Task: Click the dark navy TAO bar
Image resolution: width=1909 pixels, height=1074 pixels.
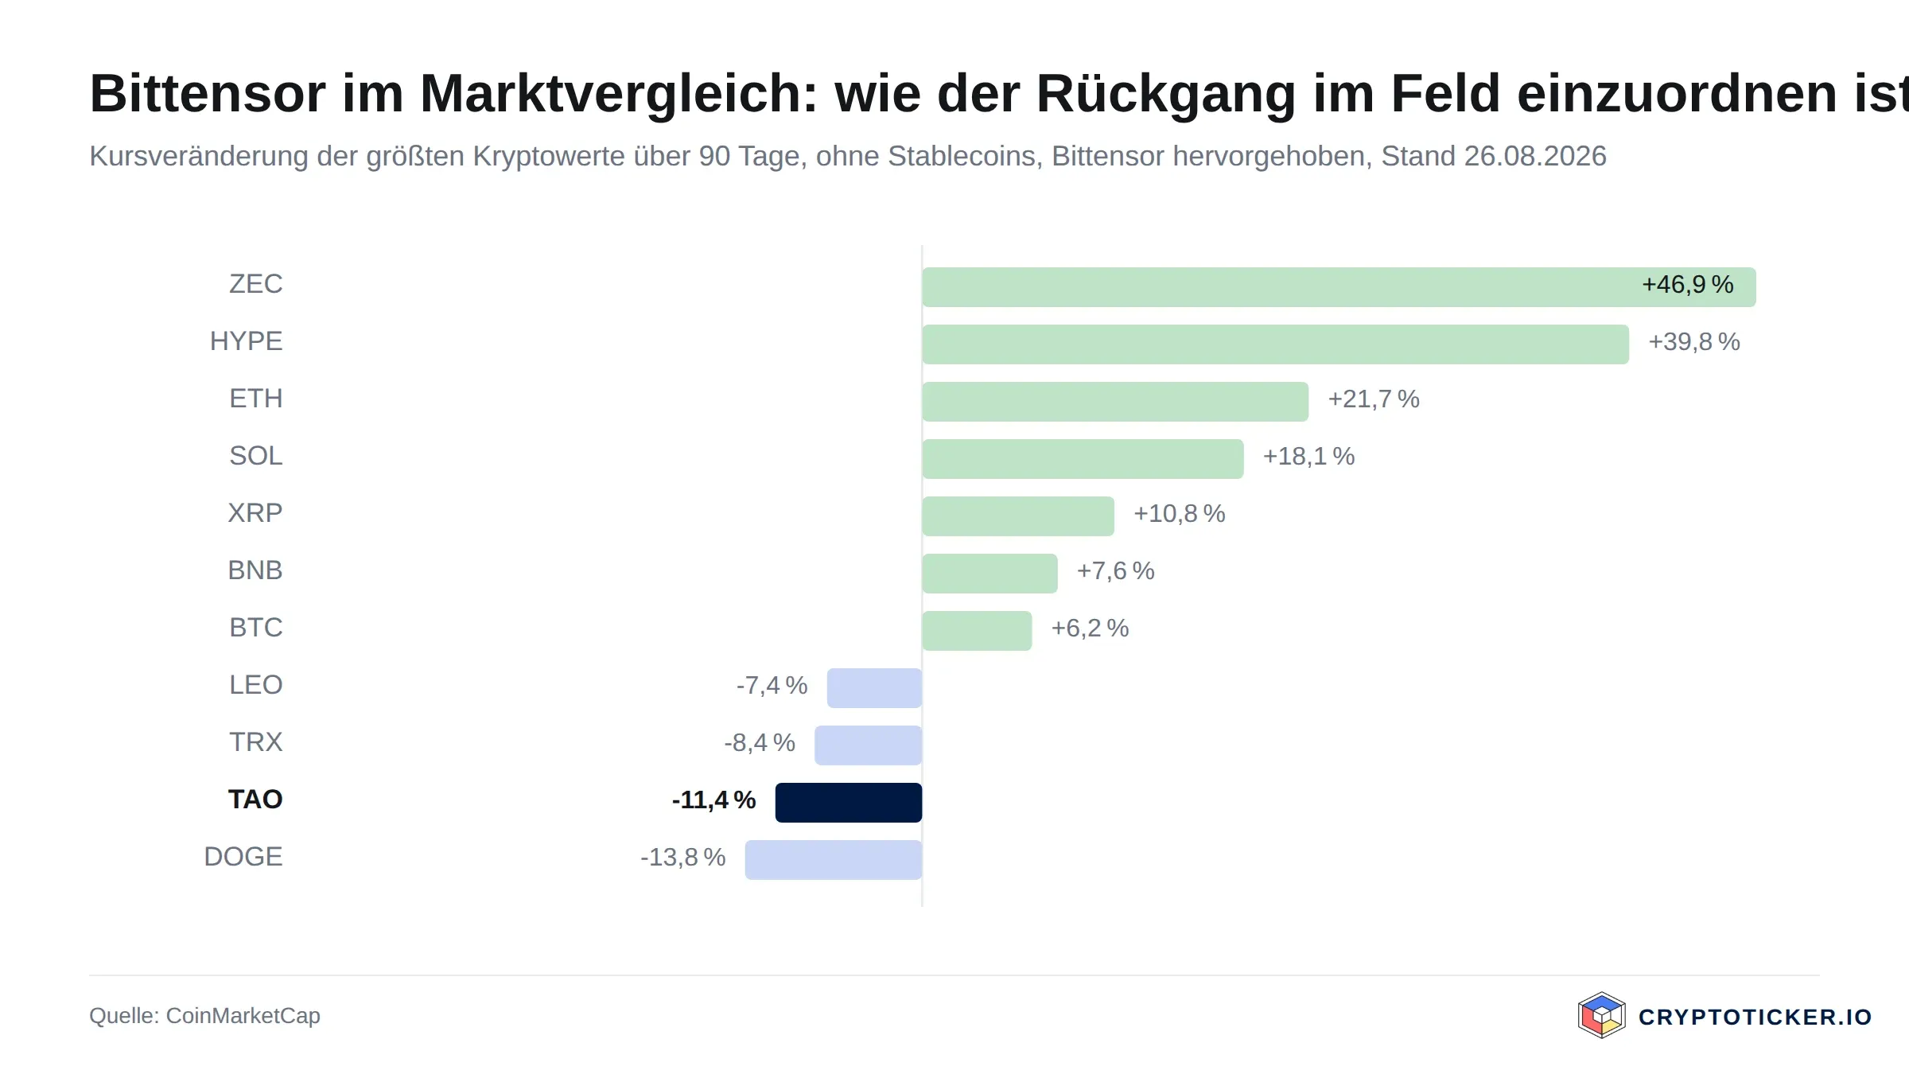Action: tap(849, 802)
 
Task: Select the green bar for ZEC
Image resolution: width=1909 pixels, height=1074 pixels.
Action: tap(1339, 286)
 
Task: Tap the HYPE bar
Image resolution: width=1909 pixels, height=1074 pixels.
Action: tap(1276, 344)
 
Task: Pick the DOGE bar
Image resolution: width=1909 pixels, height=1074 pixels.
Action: tap(834, 859)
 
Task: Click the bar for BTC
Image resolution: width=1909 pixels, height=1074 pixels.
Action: tap(978, 630)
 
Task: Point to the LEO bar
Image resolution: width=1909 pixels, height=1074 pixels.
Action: tap(875, 687)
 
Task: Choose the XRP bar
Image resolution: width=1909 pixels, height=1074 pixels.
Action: tap(1018, 516)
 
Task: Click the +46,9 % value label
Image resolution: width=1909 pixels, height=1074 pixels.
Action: tap(1688, 285)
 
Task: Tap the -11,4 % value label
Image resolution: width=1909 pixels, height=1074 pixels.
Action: tap(714, 800)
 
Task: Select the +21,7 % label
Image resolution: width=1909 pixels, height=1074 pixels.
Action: tap(1374, 399)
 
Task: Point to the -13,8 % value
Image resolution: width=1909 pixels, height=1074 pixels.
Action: tap(683, 858)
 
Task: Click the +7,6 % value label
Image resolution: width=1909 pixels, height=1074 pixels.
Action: tap(1116, 571)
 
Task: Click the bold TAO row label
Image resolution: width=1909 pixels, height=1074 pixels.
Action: tap(255, 800)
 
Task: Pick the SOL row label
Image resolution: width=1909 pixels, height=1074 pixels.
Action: tap(256, 456)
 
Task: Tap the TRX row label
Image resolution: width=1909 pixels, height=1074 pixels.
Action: tap(256, 742)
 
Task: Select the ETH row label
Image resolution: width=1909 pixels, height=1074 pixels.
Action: tap(256, 399)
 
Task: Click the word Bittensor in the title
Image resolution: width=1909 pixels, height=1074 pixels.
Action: tap(208, 94)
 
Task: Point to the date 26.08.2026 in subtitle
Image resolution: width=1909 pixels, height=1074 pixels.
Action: tap(1535, 156)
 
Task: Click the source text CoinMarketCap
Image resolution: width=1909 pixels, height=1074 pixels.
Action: tap(243, 1016)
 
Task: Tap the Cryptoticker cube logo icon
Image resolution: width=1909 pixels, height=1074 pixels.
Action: tap(1602, 1015)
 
